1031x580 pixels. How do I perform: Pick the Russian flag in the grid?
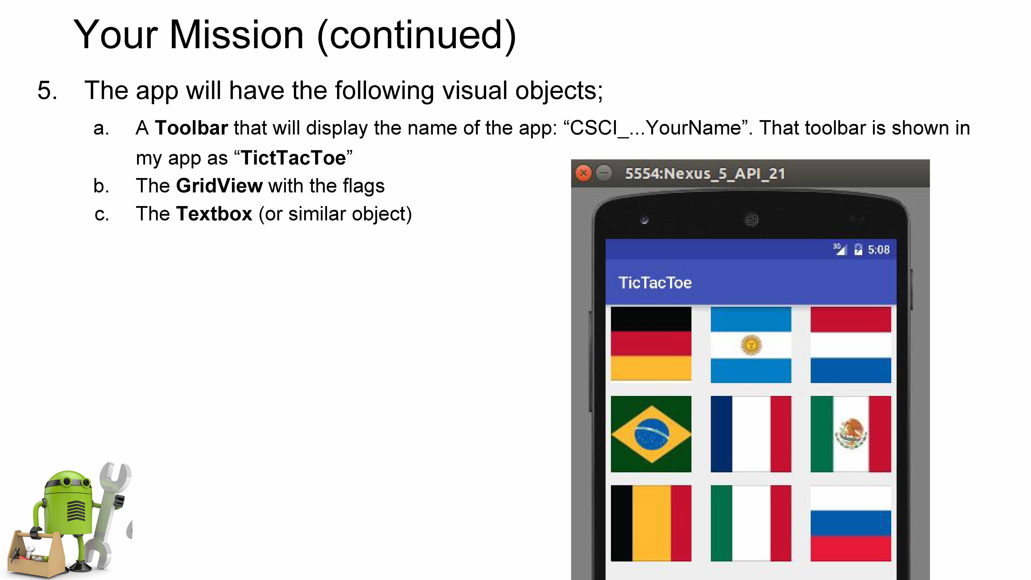pyautogui.click(x=851, y=523)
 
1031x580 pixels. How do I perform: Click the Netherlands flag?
pyautogui.click(x=851, y=345)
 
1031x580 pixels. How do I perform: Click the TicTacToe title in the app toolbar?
pyautogui.click(x=655, y=283)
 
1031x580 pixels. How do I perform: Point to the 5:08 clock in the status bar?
pyautogui.click(x=879, y=250)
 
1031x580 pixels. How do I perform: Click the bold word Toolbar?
pyautogui.click(x=191, y=128)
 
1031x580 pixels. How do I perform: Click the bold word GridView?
pyautogui.click(x=219, y=186)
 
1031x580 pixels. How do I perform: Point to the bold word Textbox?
pyautogui.click(x=214, y=214)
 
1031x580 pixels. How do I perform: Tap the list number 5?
pyautogui.click(x=47, y=91)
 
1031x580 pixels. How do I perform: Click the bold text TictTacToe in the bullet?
pyautogui.click(x=293, y=158)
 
